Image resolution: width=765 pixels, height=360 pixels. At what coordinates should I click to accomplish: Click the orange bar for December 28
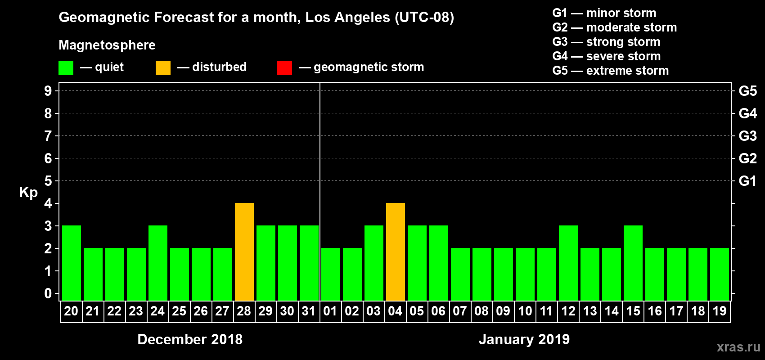(244, 252)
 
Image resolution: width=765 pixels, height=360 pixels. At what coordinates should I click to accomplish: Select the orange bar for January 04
(396, 252)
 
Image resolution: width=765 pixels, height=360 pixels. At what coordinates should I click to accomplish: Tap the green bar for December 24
(158, 263)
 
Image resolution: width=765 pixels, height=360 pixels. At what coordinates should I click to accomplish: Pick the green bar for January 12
(568, 263)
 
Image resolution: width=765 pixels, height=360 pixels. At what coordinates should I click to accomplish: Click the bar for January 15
(633, 263)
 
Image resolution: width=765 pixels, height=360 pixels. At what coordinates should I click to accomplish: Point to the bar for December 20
(72, 263)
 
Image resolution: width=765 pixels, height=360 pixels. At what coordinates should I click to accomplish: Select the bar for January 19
(720, 274)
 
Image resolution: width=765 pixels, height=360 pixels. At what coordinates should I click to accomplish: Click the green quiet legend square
(66, 68)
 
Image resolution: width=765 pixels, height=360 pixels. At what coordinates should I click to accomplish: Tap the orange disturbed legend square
(163, 68)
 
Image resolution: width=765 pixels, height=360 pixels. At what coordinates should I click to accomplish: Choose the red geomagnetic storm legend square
(285, 68)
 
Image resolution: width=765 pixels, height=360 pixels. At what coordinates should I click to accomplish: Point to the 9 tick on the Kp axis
(48, 91)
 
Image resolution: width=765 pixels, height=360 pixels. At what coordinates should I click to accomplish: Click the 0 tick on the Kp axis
(48, 294)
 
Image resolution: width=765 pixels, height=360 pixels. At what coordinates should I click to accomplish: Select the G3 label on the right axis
(747, 136)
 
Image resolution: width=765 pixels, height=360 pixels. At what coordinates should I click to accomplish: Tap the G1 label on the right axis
(747, 181)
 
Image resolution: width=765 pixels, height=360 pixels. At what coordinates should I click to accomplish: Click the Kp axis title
(28, 192)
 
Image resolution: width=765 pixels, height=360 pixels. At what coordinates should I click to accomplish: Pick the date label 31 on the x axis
(309, 311)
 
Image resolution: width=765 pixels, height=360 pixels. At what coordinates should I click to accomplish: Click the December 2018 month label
(190, 339)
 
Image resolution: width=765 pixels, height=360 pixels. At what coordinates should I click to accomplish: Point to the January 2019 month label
(524, 339)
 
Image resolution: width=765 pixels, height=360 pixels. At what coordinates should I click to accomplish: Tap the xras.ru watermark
(738, 347)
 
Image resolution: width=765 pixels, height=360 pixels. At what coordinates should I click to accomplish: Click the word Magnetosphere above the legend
(107, 45)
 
